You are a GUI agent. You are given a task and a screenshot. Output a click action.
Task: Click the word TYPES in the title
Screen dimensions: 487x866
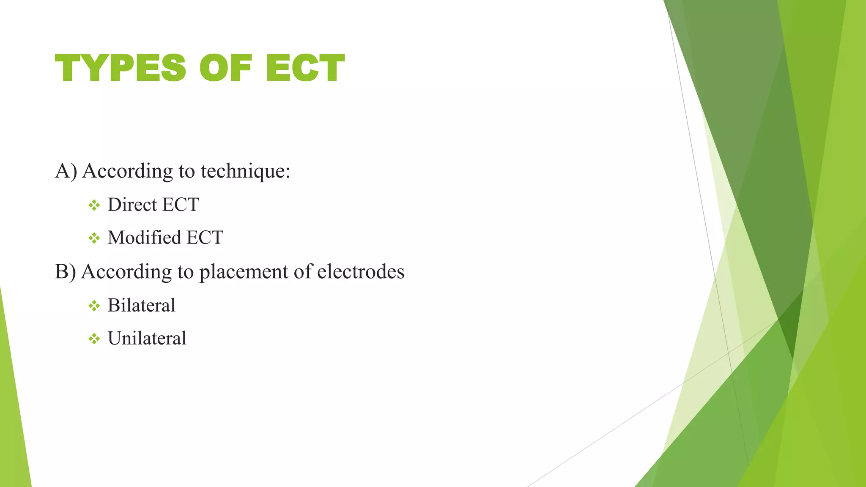(121, 68)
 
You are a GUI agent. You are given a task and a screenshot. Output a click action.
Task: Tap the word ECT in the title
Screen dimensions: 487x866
(305, 68)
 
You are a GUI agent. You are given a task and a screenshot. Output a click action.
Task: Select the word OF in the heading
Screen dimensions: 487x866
(225, 68)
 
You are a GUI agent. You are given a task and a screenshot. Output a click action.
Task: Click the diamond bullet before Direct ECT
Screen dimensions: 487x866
(94, 205)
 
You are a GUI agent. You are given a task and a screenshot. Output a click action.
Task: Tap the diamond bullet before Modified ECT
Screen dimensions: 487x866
(94, 238)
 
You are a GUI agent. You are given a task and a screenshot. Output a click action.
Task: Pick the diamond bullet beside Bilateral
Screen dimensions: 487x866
(94, 306)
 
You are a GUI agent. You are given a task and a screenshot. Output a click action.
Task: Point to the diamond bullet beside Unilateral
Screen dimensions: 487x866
(94, 339)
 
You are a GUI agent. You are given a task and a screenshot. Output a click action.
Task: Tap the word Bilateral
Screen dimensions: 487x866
(141, 305)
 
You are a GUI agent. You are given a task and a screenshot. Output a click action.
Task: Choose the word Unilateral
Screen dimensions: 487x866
(147, 338)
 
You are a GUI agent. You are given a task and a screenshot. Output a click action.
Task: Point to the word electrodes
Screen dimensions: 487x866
(361, 271)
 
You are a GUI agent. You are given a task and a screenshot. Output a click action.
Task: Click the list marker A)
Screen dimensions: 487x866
(66, 171)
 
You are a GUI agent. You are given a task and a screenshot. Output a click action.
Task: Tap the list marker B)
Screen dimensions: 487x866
(66, 271)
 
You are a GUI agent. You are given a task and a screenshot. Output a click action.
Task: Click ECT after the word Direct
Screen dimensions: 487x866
(181, 205)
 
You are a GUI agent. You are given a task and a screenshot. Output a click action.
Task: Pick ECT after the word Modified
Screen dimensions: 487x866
(205, 238)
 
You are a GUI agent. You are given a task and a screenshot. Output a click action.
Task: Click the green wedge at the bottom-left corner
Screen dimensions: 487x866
(13, 423)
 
